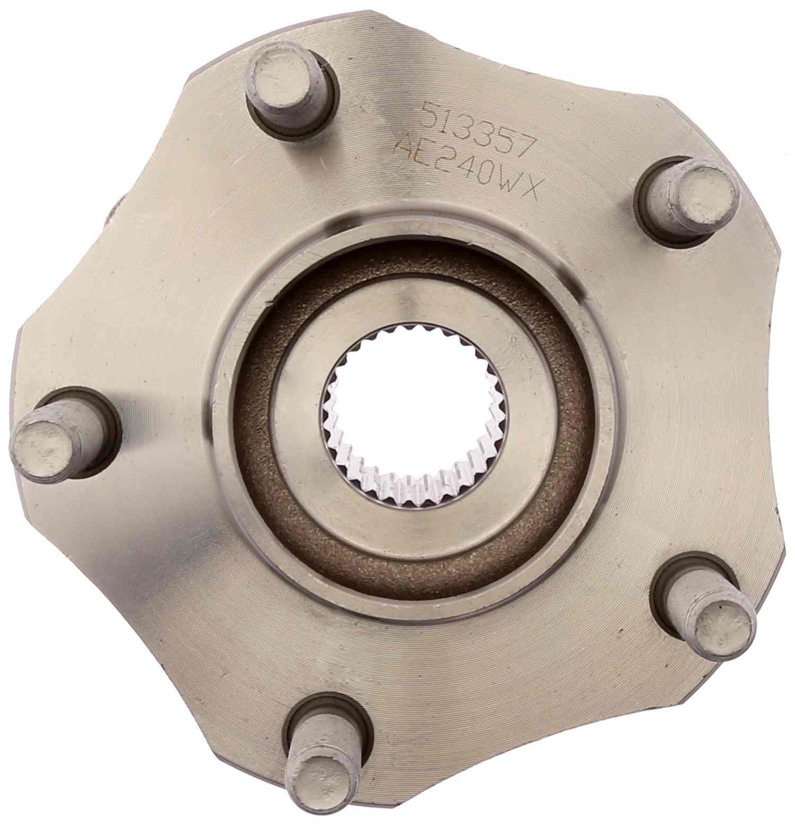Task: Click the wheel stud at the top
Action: tap(286, 85)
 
